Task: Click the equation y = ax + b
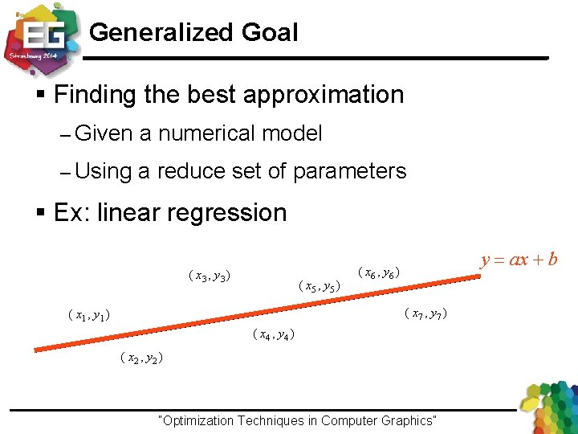pyautogui.click(x=519, y=260)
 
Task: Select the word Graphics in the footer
pyautogui.click(x=407, y=420)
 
